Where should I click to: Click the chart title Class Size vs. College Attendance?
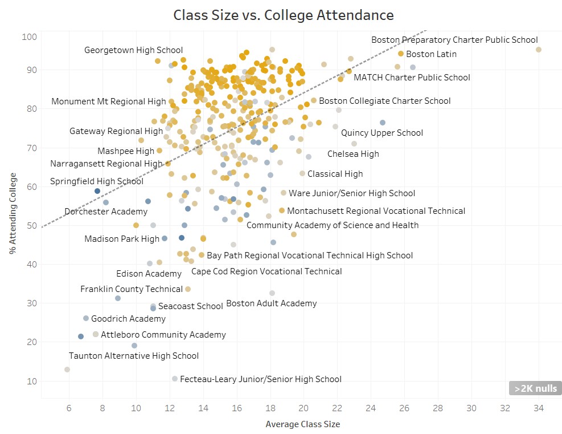(283, 15)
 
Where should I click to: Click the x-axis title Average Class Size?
(302, 424)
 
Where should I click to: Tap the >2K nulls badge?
(535, 388)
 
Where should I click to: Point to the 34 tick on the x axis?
(539, 408)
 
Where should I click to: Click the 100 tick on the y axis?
(30, 37)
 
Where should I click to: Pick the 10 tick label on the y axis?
(32, 382)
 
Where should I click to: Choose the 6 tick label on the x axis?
(69, 408)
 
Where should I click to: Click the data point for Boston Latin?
(401, 54)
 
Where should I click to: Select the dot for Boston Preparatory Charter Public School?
(539, 50)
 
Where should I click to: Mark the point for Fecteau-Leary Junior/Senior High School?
(175, 379)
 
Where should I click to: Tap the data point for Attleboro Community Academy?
(96, 334)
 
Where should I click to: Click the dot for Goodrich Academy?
(86, 318)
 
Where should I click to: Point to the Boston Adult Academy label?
(271, 303)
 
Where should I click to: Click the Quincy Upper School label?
(382, 133)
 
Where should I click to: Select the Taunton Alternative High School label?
(134, 356)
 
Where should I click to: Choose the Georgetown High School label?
(133, 50)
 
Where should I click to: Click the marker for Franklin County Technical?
(188, 289)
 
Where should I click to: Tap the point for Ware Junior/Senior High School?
(284, 193)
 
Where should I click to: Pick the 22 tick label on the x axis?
(337, 408)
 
